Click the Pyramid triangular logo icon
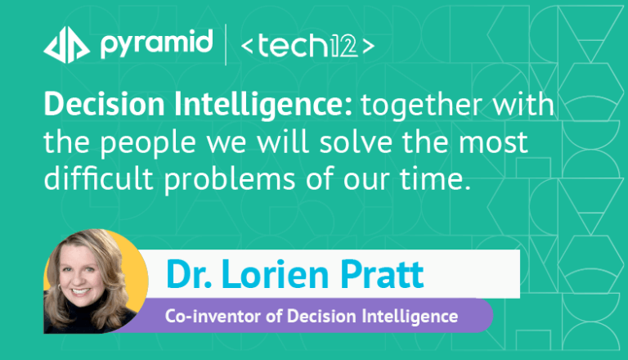click(66, 45)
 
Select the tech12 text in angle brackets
click(307, 46)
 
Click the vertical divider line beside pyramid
click(226, 44)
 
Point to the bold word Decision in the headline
click(104, 104)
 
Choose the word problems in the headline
click(230, 179)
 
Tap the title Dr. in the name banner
click(189, 274)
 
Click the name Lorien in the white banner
click(275, 274)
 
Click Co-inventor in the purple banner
click(214, 316)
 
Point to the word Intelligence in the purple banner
click(410, 317)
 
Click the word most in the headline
click(493, 142)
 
